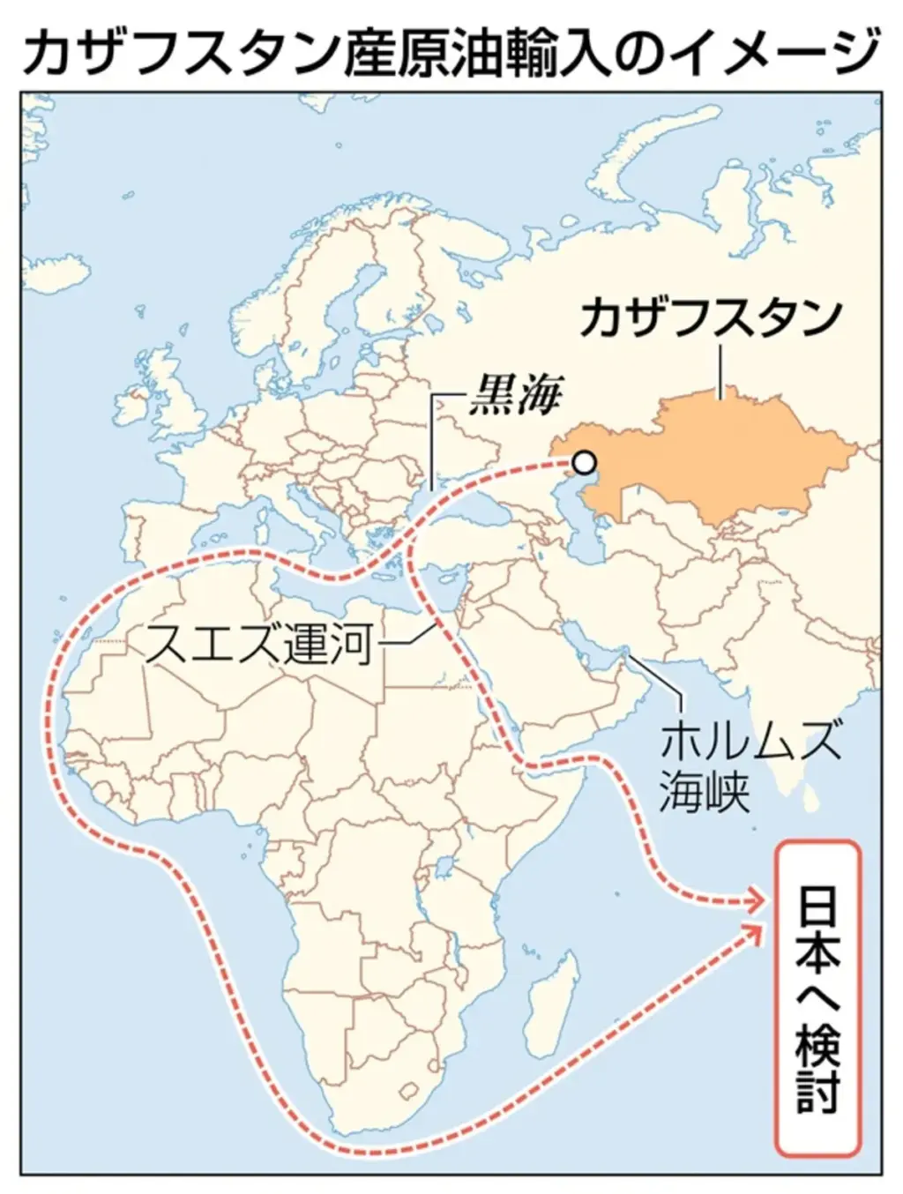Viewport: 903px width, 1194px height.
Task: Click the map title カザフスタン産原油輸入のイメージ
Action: click(451, 51)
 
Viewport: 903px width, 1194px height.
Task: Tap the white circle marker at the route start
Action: click(584, 462)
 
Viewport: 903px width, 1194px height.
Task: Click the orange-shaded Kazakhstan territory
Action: click(723, 459)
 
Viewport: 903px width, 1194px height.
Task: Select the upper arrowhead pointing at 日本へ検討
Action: click(755, 900)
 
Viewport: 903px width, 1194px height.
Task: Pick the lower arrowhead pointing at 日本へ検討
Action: click(757, 930)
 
